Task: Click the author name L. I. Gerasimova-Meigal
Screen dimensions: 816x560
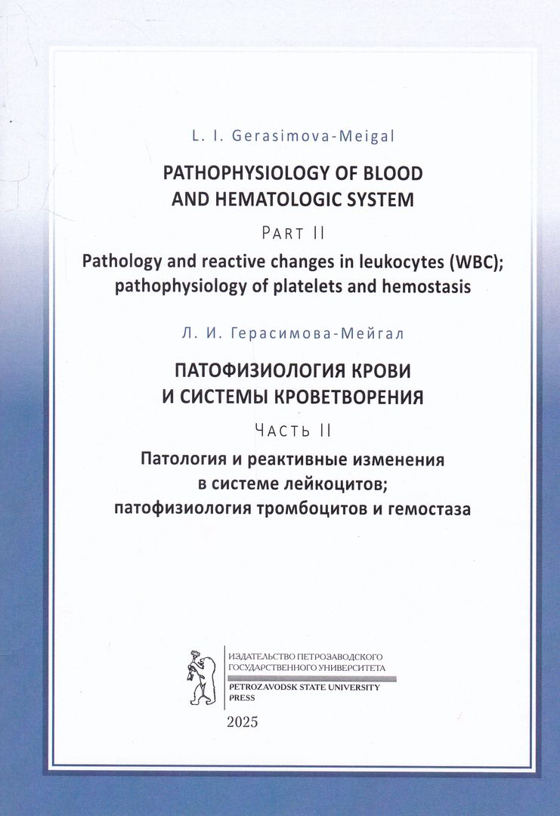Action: tap(292, 138)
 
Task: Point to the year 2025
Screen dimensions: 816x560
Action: tap(243, 722)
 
